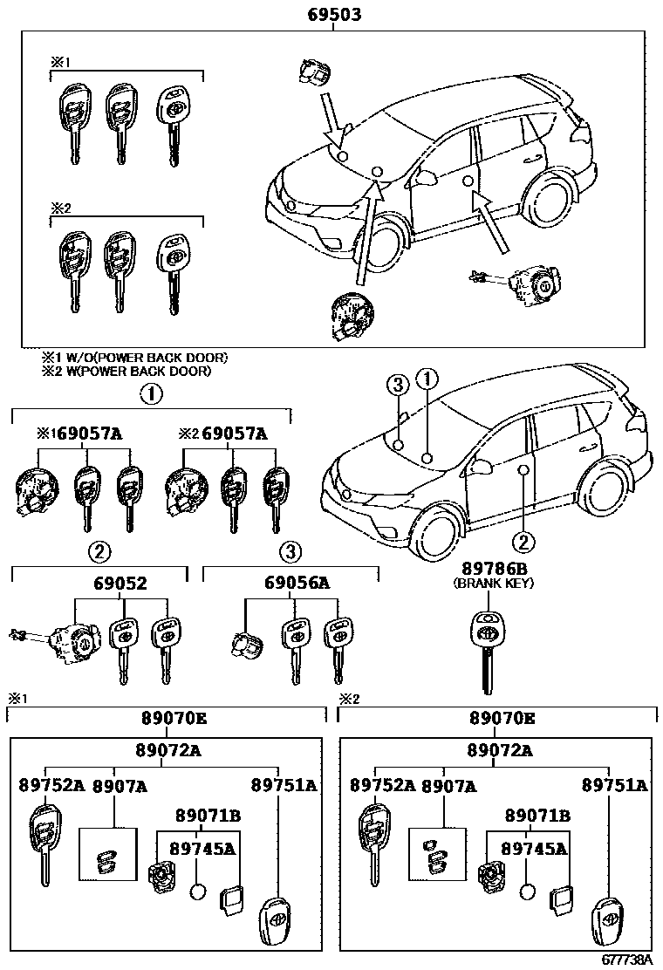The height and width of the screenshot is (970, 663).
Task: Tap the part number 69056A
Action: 292,584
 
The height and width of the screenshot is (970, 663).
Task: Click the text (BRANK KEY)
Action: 493,583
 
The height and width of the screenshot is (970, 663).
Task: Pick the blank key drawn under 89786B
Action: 488,654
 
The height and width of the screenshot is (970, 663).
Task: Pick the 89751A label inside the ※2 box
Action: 616,785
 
